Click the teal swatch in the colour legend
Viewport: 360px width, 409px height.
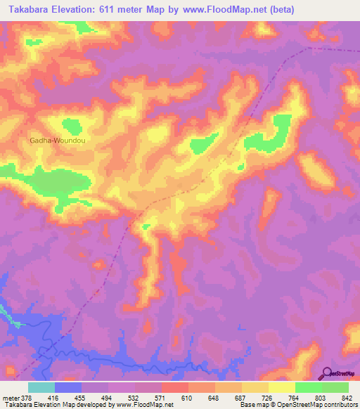click(x=41, y=388)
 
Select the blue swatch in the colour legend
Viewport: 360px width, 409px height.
click(x=68, y=388)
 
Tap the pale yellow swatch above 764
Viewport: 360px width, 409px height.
click(x=281, y=388)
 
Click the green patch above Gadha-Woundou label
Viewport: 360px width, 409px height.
click(x=72, y=126)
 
